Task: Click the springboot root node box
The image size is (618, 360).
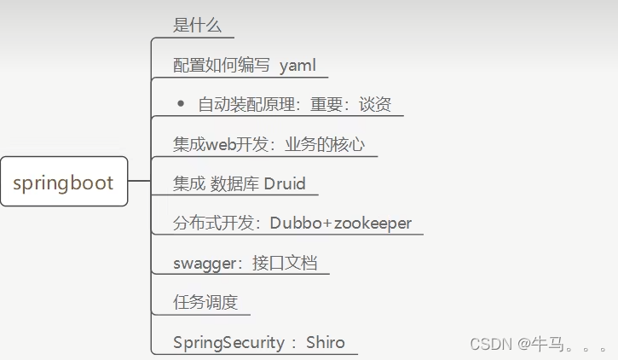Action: tap(64, 182)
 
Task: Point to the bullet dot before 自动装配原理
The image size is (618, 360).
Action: tap(181, 103)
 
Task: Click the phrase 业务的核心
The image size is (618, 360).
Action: tap(327, 144)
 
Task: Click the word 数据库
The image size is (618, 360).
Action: tap(234, 183)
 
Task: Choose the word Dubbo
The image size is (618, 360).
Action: tap(297, 224)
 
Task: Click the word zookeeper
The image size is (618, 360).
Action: tap(373, 224)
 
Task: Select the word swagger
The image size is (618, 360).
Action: tap(204, 264)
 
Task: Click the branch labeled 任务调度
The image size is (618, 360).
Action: tap(205, 303)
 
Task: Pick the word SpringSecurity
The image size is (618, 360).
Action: tap(228, 342)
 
